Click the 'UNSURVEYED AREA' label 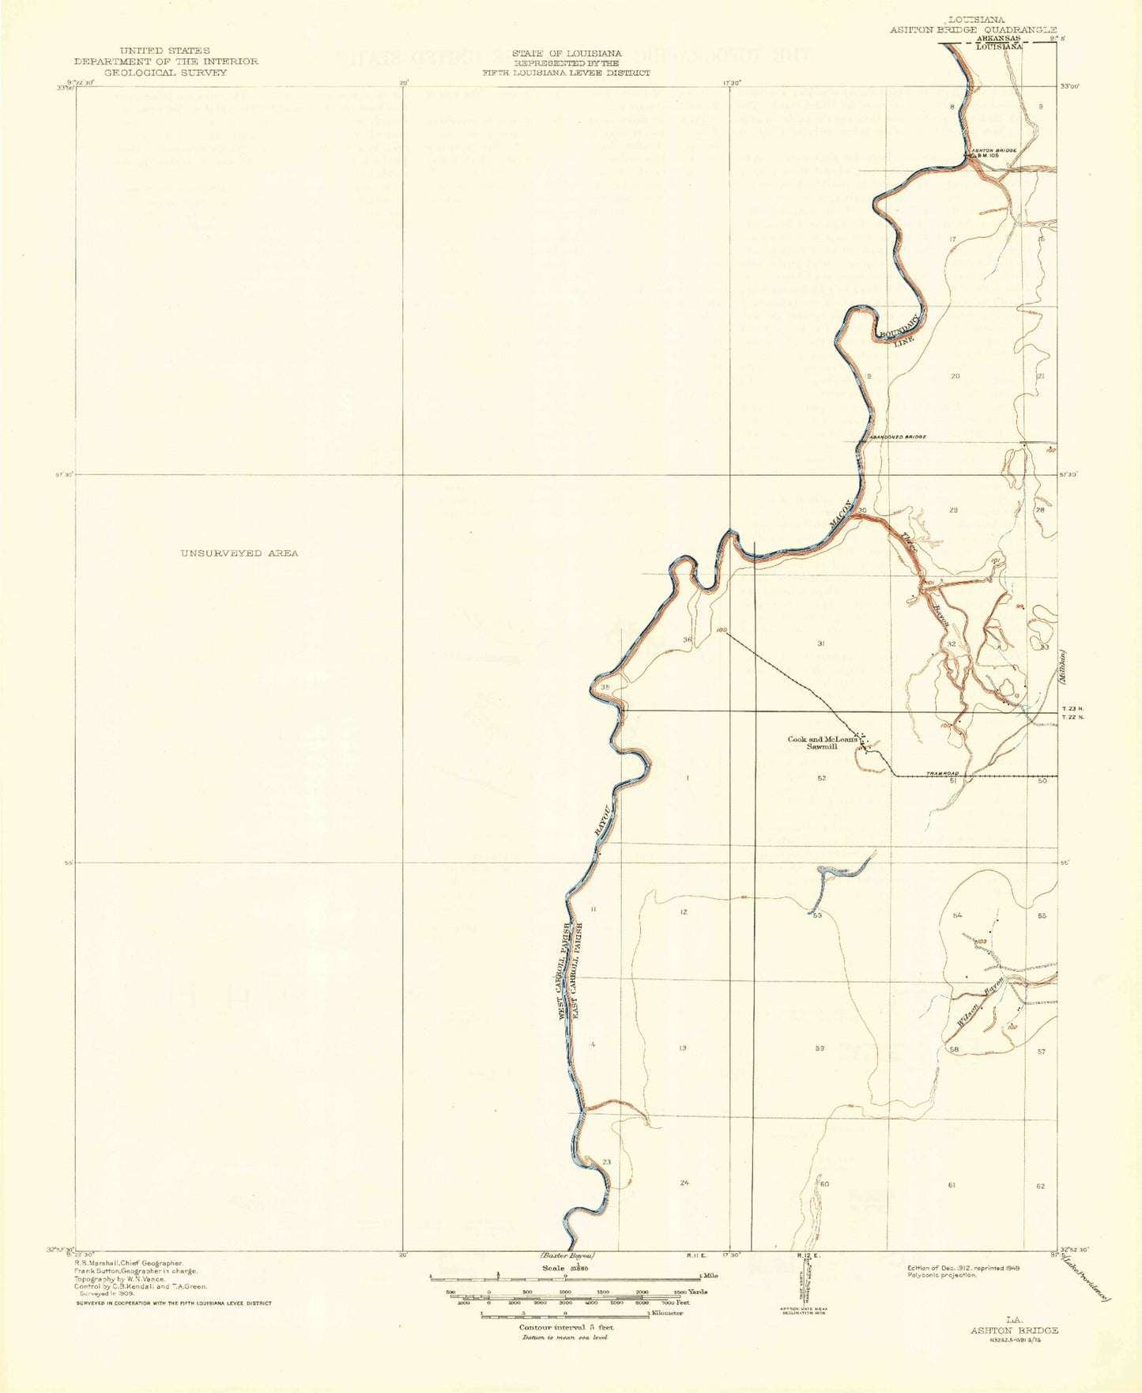(x=239, y=553)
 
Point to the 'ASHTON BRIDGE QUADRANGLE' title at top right (x=973, y=29)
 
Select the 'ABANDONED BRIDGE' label (x=897, y=436)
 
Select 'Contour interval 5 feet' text (x=565, y=1327)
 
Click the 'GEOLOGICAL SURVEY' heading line (x=166, y=72)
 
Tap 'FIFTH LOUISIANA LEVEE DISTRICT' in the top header (x=567, y=72)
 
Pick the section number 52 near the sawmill (x=822, y=779)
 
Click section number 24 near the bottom (x=684, y=1183)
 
